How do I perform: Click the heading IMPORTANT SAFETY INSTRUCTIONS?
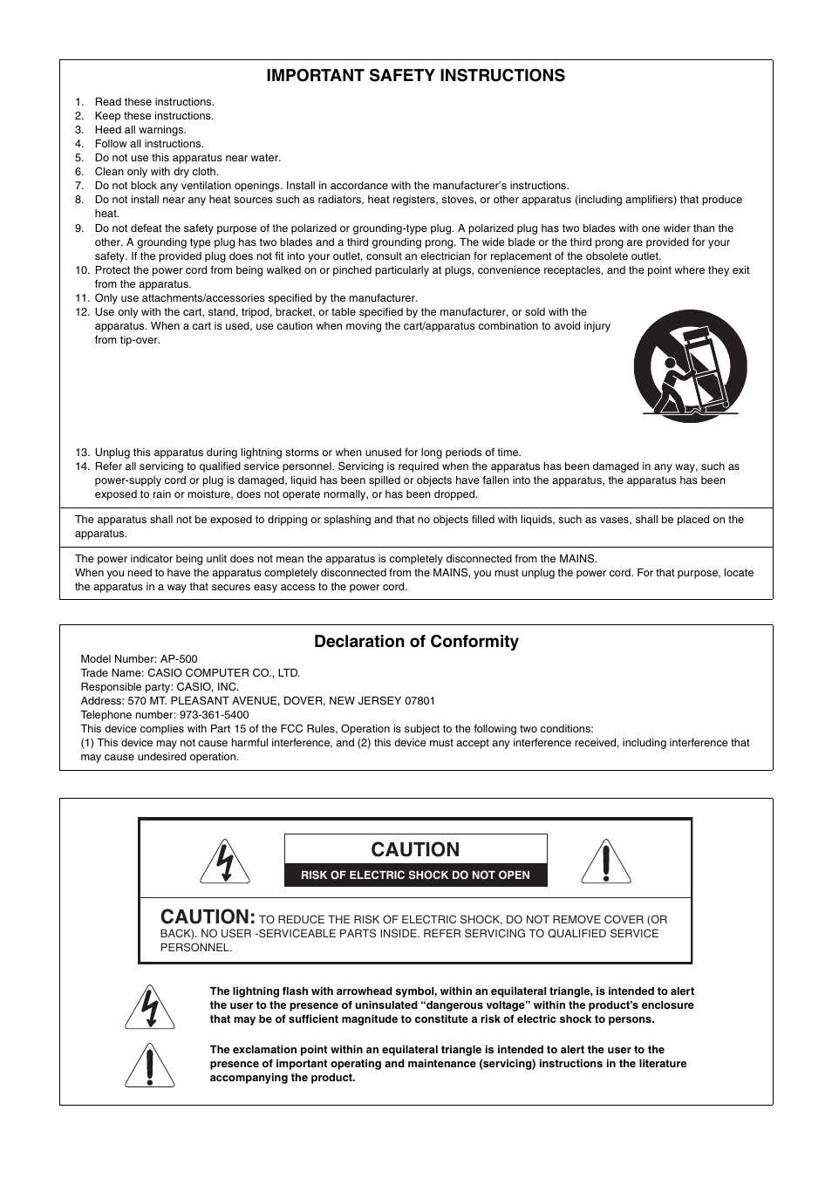click(x=415, y=76)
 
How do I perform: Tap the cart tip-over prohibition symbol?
click(x=690, y=366)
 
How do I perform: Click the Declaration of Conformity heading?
click(x=416, y=642)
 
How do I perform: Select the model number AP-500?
click(x=179, y=659)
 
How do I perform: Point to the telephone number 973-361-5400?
click(x=214, y=715)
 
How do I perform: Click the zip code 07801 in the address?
click(x=420, y=701)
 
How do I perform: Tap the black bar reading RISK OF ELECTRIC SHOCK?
click(x=415, y=875)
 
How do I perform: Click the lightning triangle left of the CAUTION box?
click(x=225, y=861)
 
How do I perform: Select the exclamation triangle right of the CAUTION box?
click(x=605, y=861)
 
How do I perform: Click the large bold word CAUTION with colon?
click(x=208, y=917)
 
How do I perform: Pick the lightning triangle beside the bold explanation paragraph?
click(x=150, y=1007)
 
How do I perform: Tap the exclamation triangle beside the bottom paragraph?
click(x=150, y=1065)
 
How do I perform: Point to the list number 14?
click(x=82, y=466)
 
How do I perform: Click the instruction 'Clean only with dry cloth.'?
click(x=157, y=172)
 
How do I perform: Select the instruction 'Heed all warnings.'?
click(x=140, y=130)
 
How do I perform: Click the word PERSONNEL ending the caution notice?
click(x=196, y=948)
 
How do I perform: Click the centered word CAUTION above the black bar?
click(x=415, y=849)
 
